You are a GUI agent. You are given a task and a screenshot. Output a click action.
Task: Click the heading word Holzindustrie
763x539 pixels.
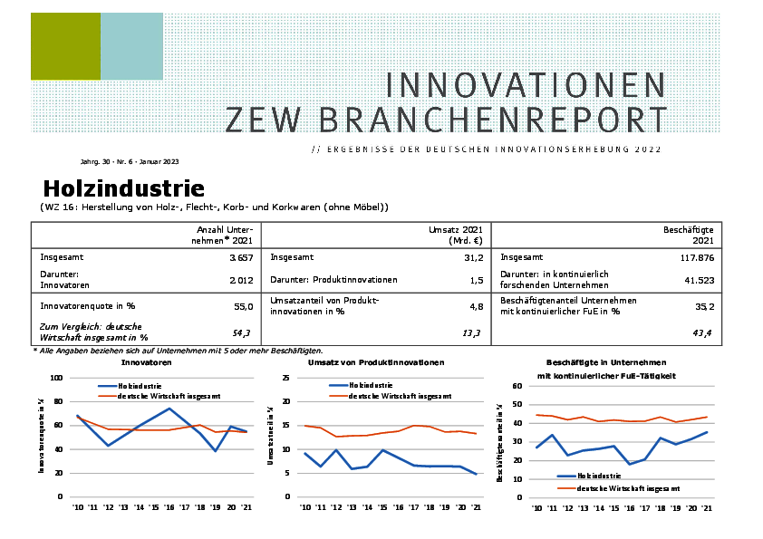click(x=123, y=189)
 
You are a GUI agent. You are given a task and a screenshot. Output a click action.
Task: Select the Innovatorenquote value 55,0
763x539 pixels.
click(x=243, y=307)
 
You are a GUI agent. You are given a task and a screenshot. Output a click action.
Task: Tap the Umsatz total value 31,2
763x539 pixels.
click(x=471, y=257)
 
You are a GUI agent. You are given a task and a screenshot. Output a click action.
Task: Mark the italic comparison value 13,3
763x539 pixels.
click(x=471, y=334)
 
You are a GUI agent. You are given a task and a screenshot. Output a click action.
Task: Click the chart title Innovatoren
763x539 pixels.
click(x=146, y=361)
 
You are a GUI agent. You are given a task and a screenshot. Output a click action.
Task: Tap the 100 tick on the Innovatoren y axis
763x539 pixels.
click(x=56, y=378)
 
